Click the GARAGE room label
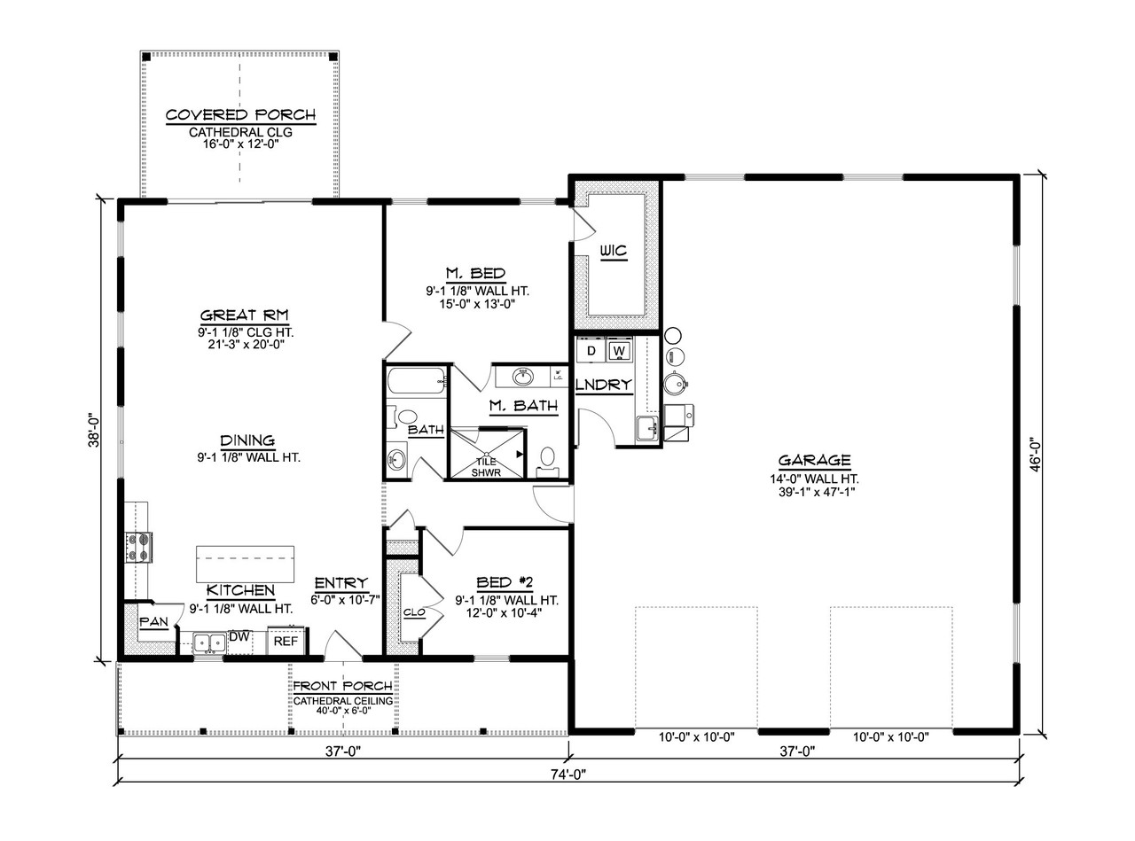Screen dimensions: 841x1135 pos(814,461)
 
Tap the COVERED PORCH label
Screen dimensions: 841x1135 pos(239,115)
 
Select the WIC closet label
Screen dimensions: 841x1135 pos(613,252)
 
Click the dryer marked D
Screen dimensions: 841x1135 pos(591,352)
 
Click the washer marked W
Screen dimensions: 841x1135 pos(620,352)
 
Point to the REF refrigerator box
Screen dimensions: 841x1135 pos(286,641)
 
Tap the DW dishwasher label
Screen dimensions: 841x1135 pos(239,636)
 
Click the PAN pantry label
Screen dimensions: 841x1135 pos(153,622)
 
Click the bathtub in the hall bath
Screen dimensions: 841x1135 pos(416,383)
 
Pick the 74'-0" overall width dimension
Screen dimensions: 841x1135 pos(567,774)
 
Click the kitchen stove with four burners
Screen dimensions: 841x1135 pos(140,547)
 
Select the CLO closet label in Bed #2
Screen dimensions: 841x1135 pos(412,612)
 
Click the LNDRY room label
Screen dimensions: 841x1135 pos(604,385)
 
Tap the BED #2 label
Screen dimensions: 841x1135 pos(504,582)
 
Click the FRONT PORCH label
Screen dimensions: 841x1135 pos(342,686)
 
